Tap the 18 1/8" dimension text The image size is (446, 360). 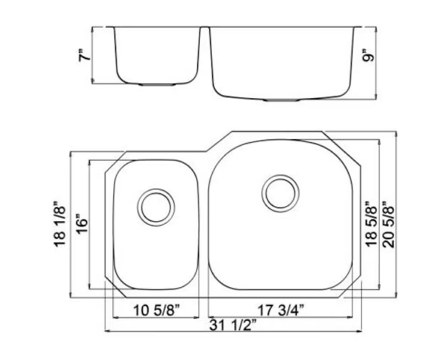60,224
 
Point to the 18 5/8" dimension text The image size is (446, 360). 371,225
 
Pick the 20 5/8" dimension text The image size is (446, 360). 389,225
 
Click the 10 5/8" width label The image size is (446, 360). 156,310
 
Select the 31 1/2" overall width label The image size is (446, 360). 233,325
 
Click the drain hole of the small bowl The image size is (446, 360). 156,207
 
